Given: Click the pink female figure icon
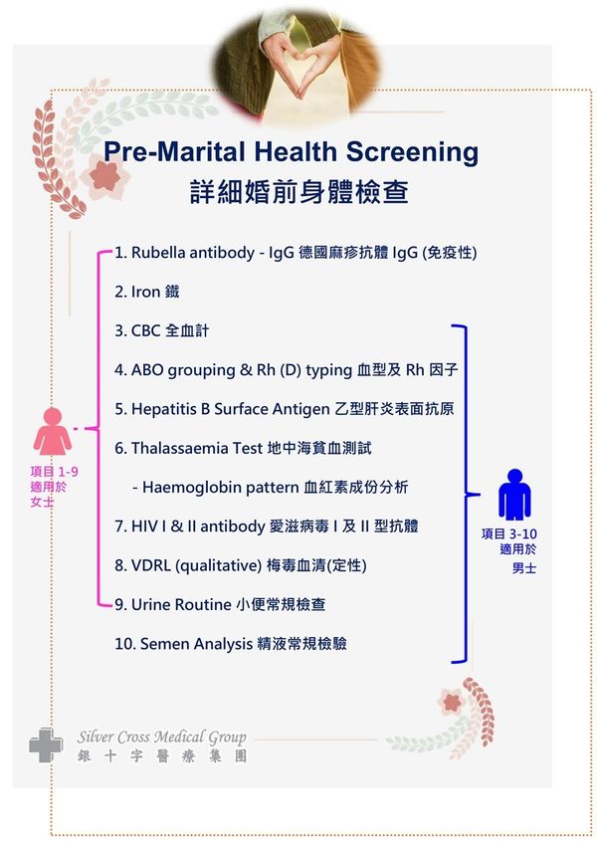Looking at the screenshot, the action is point(52,431).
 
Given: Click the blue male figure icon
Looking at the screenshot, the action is point(514,494).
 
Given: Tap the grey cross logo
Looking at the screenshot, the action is point(46,744).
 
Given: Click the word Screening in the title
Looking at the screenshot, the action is point(412,152).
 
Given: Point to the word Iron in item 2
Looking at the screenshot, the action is point(145,292).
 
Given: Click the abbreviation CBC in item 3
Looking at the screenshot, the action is point(146,330).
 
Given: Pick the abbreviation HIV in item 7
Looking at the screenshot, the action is point(144,526).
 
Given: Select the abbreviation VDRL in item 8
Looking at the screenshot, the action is point(150,565).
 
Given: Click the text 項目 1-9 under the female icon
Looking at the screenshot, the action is point(54,472).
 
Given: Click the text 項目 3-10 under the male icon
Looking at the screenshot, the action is point(509,533).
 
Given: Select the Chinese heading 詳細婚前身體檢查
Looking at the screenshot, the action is point(298,192).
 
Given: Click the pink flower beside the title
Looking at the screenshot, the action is point(105,176).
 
